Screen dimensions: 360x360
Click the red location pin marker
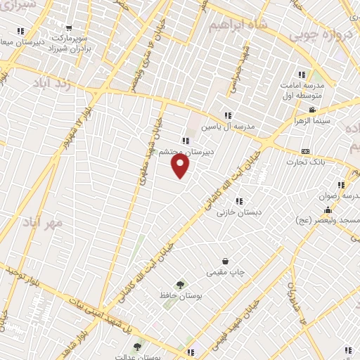tap(181, 166)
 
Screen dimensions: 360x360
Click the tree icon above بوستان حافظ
tap(181, 285)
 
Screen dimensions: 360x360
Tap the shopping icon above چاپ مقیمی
tap(225, 261)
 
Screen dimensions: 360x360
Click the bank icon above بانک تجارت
tap(305, 151)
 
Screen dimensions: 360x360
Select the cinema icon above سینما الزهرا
tap(312, 110)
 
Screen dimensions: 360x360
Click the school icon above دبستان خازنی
tap(240, 200)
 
